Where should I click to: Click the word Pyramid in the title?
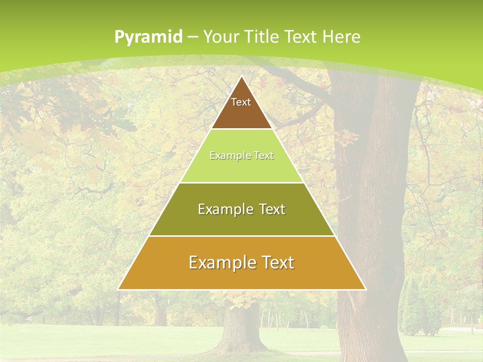[148, 37]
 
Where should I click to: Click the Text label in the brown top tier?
[241, 102]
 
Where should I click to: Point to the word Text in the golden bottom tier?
[277, 262]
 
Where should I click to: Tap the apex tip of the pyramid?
[242, 76]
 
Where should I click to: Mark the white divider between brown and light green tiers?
[242, 129]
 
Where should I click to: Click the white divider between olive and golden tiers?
[242, 236]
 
